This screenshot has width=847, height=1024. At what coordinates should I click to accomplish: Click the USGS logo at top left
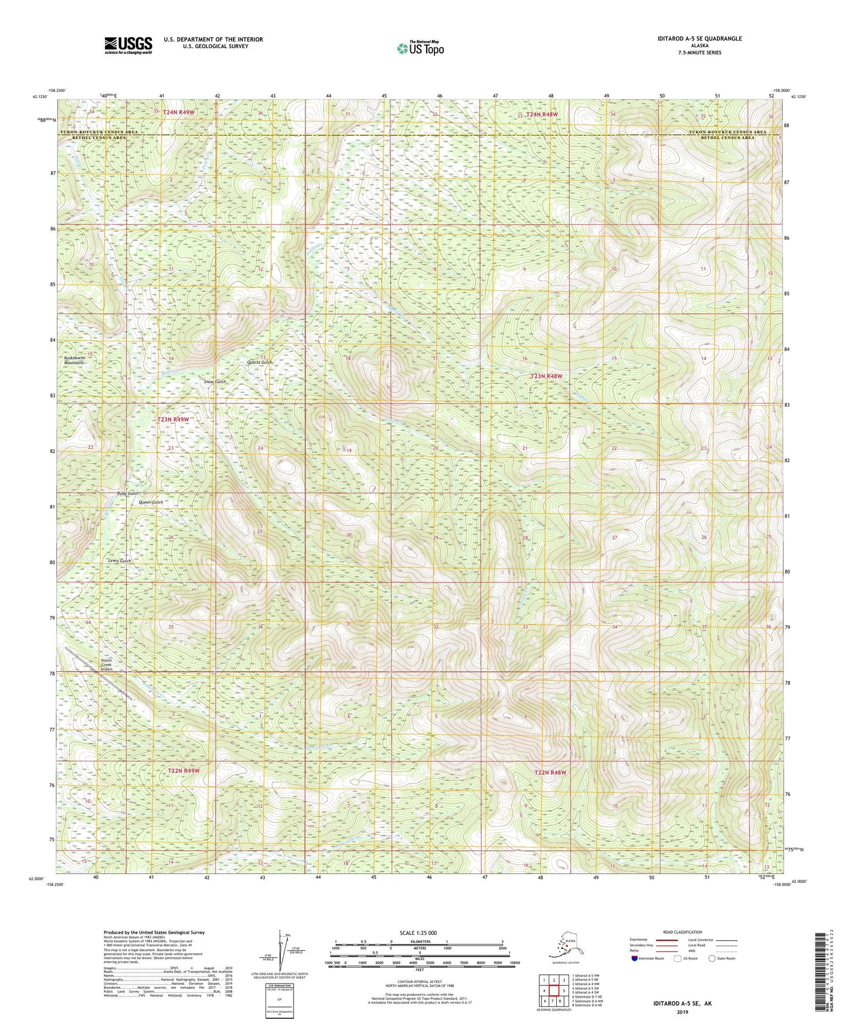(128, 45)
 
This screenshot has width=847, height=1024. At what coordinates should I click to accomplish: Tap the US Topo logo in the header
(419, 48)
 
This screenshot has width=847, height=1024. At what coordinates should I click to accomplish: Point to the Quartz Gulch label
(260, 362)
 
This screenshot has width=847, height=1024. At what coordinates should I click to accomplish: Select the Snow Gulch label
(215, 382)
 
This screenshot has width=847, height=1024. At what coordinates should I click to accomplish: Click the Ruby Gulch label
(128, 493)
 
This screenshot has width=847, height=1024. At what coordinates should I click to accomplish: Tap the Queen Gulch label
(151, 502)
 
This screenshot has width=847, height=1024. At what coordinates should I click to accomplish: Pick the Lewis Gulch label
(120, 561)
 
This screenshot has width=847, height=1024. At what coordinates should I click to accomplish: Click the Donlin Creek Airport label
(106, 664)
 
